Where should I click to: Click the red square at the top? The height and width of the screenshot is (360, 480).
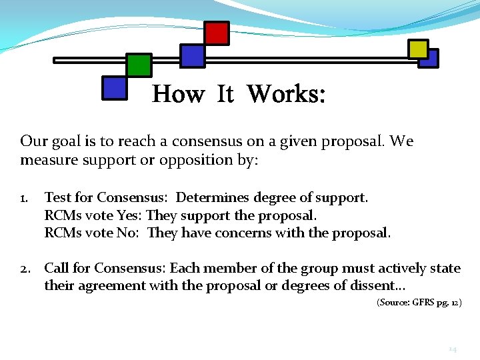216,33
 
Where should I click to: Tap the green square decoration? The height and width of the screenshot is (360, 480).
139,65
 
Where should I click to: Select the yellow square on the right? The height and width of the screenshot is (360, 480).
418,49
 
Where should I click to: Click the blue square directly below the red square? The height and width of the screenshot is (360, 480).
193,55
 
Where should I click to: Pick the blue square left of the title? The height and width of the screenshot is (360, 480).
114,87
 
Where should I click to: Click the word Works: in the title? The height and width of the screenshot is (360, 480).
286,94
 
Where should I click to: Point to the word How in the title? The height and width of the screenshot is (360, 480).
178,94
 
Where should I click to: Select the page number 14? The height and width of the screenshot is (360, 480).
451,349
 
